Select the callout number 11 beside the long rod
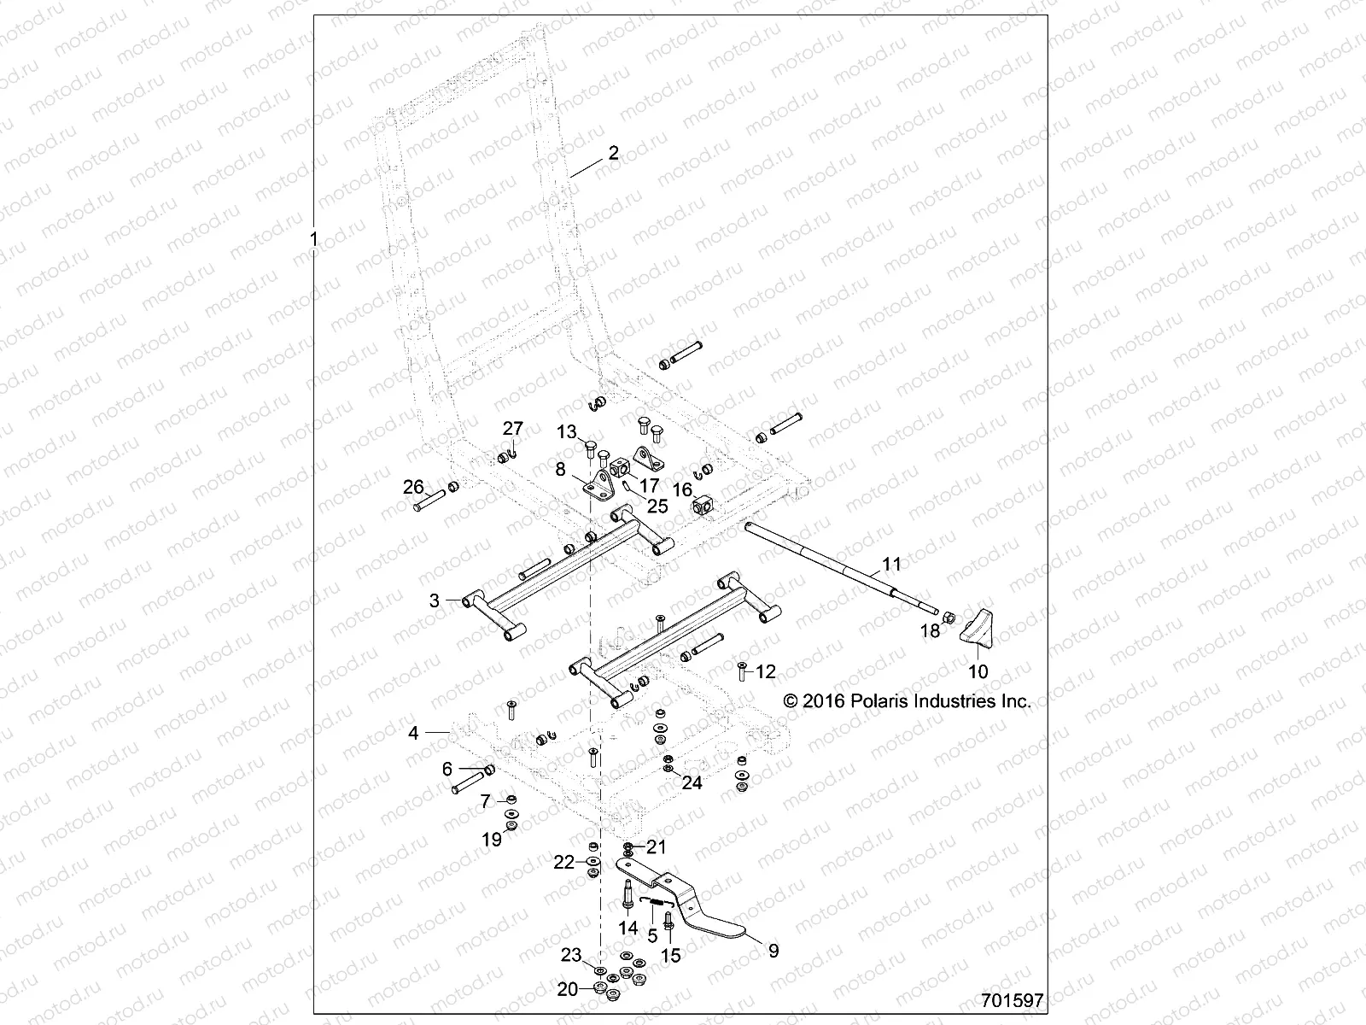(891, 564)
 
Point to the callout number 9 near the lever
(773, 951)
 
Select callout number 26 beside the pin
(413, 488)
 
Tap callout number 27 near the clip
(511, 429)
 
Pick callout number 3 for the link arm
(434, 600)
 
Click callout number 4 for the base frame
(413, 733)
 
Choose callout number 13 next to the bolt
(567, 433)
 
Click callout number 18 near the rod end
(930, 631)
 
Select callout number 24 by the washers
(692, 782)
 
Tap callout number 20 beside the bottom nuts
(567, 989)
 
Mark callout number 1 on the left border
(313, 239)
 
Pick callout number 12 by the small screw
(766, 672)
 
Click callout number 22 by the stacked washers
(564, 863)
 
